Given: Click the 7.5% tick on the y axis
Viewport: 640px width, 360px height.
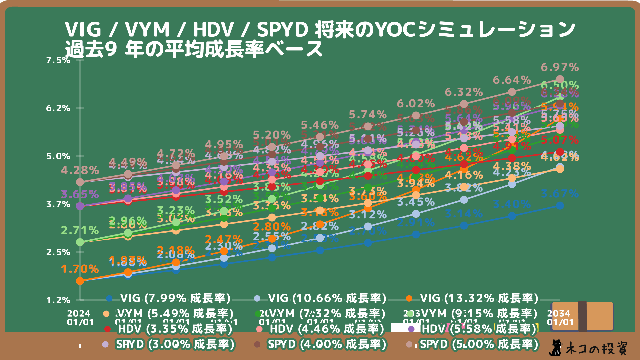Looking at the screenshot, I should [x=58, y=60].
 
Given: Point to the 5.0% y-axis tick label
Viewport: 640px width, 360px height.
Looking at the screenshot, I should [x=58, y=156].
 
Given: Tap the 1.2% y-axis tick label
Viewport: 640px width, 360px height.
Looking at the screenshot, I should [x=58, y=300].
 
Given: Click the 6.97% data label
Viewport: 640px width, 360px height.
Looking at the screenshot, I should [x=560, y=67].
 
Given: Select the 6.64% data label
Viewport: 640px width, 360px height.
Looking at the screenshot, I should [x=512, y=80].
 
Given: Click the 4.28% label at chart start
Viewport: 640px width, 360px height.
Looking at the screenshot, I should [x=80, y=170].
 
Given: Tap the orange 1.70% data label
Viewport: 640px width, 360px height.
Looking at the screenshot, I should [x=80, y=269].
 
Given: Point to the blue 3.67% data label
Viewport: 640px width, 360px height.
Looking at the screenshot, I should [x=560, y=193].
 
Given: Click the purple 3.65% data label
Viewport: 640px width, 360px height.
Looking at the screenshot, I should [x=80, y=194].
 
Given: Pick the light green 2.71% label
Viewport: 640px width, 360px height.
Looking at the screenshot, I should [x=80, y=230].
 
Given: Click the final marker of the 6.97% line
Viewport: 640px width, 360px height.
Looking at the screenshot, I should [x=560, y=79].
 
